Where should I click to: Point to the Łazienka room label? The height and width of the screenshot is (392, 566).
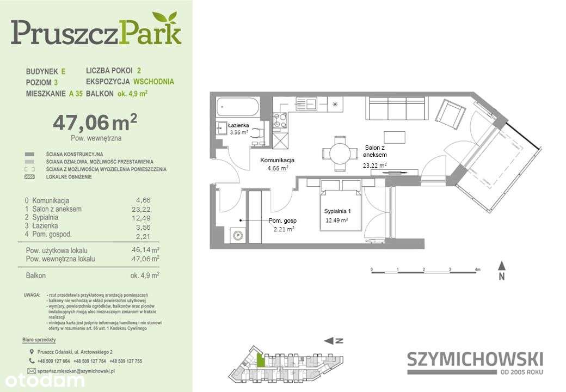pos(238,126)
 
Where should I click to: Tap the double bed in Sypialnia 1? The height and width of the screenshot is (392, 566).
pos(340,210)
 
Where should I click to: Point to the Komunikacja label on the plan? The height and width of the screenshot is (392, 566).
pos(277,161)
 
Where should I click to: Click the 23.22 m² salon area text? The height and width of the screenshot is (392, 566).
pos(374,165)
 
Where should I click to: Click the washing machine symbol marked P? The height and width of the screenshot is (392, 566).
pos(238,236)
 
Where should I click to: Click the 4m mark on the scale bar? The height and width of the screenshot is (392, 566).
pos(477,269)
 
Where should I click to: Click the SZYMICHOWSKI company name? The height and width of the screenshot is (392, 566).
pos(475,359)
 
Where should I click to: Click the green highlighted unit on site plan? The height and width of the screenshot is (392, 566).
pos(261,359)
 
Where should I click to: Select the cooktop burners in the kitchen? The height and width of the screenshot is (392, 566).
pos(280,120)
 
